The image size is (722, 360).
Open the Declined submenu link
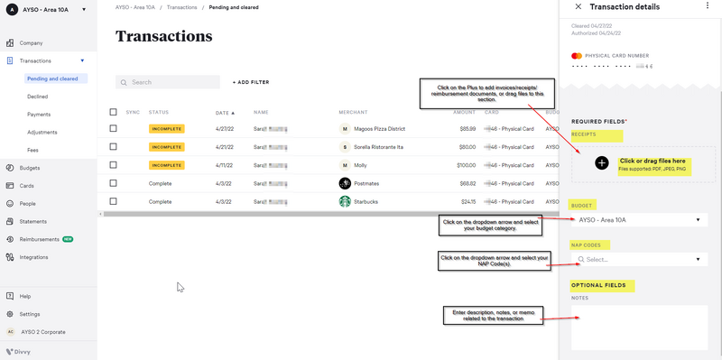[38, 97]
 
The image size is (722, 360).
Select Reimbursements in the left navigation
[39, 239]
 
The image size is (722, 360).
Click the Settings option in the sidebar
[30, 314]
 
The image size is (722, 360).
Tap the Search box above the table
[168, 82]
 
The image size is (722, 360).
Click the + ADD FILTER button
[251, 82]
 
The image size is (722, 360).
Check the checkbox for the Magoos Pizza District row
[113, 129]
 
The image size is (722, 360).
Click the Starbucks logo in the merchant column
[345, 201]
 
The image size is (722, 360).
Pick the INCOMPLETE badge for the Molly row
[166, 165]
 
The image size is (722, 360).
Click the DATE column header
[224, 113]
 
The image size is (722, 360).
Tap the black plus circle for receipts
[602, 163]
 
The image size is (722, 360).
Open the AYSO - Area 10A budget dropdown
[638, 219]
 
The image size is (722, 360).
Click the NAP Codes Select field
[638, 260]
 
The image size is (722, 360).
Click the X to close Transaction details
[578, 7]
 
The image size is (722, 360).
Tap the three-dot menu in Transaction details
[708, 7]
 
